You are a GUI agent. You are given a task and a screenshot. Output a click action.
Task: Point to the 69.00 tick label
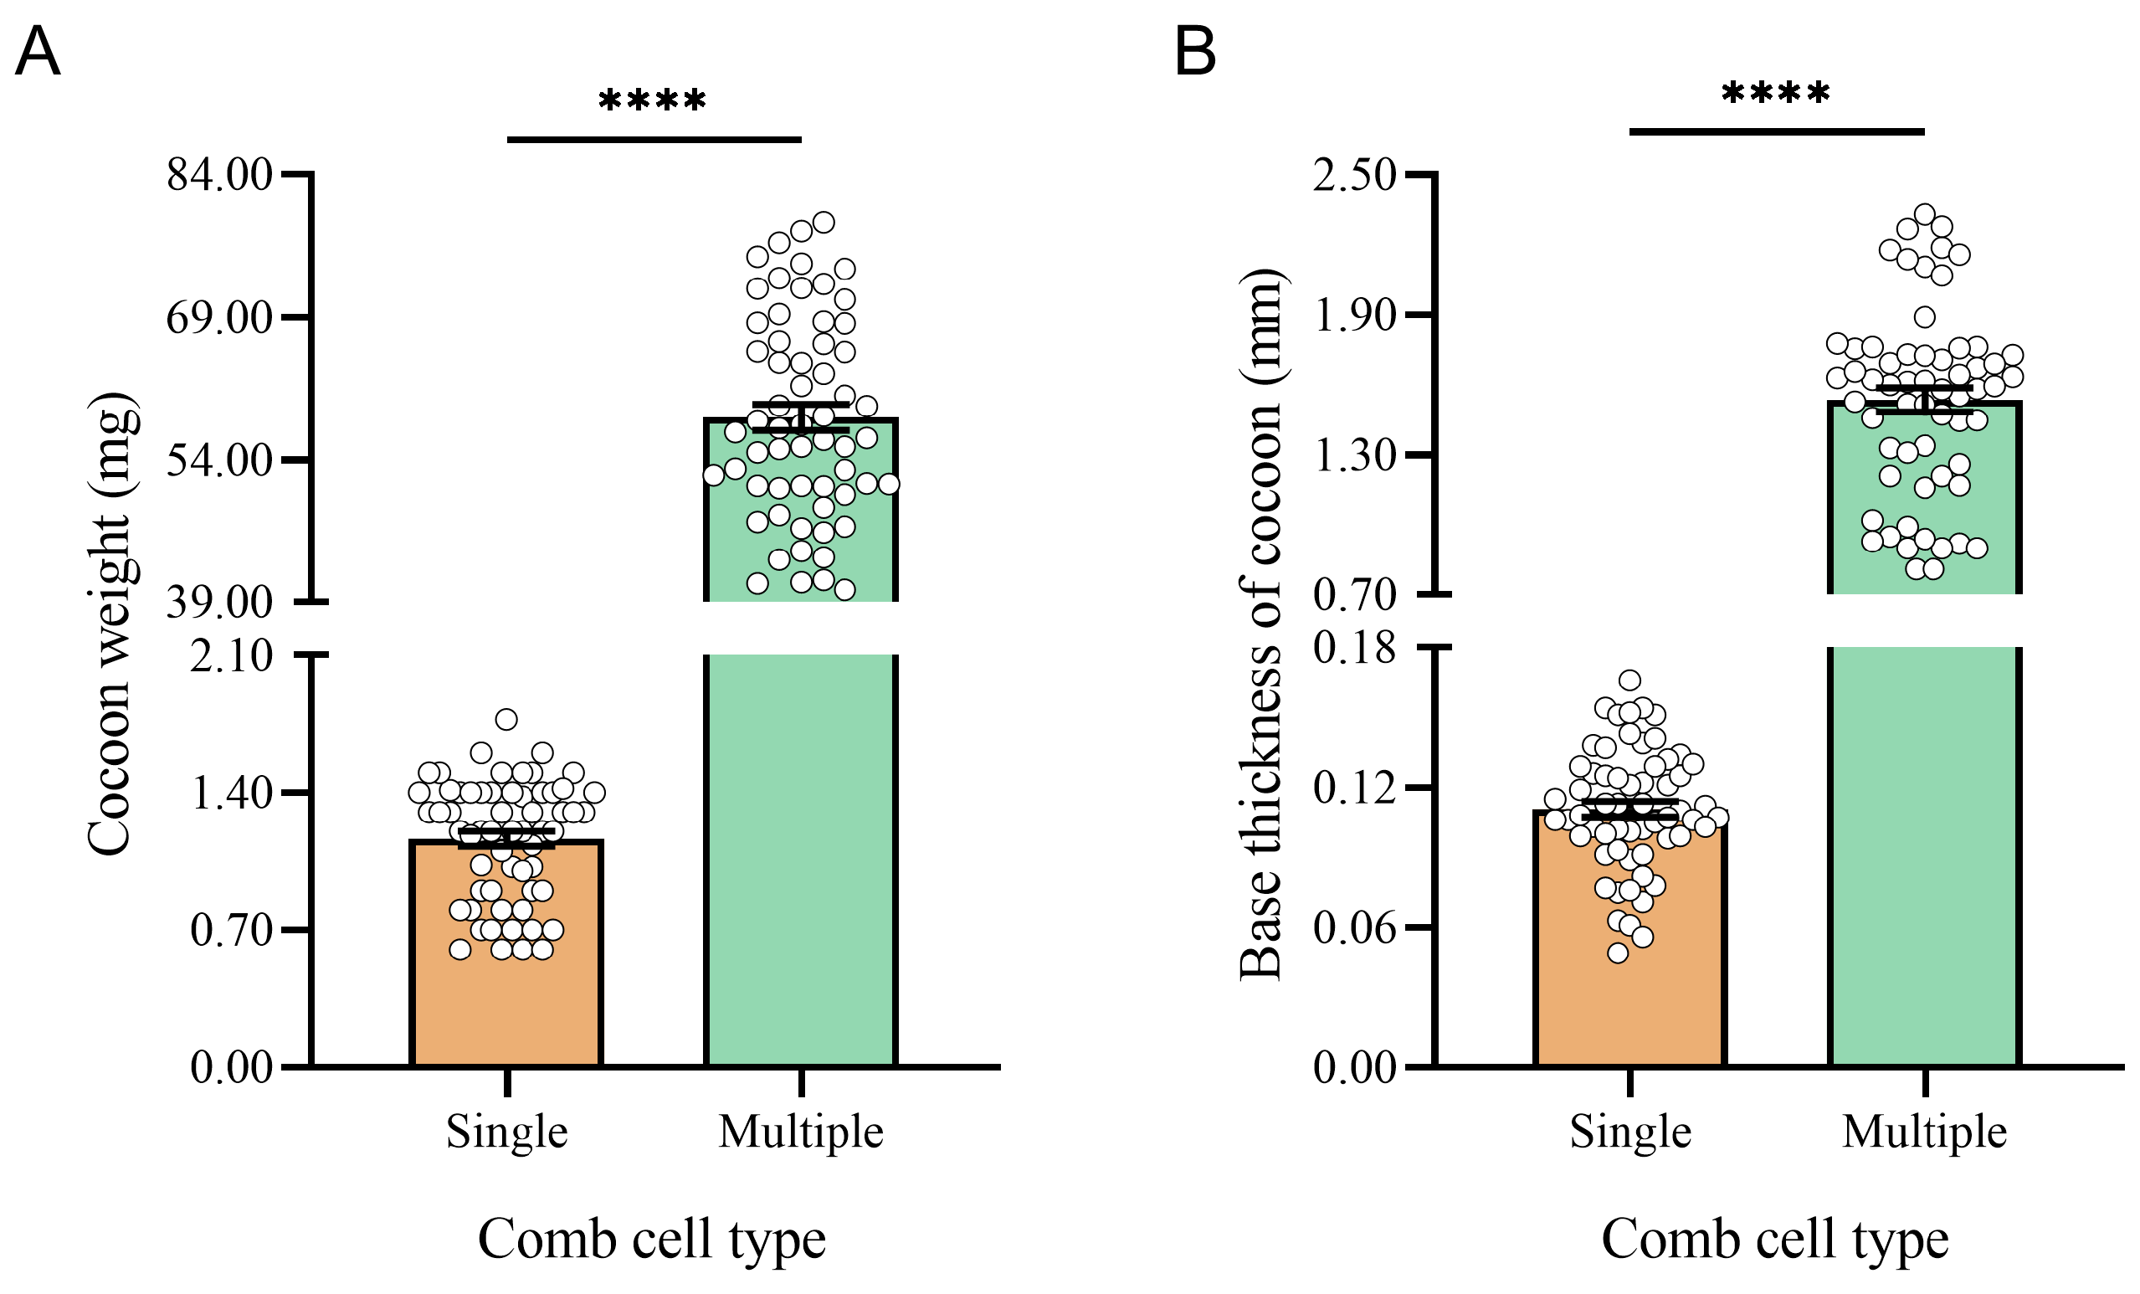click(220, 318)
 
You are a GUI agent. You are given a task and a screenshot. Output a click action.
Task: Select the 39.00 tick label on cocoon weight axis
click(220, 602)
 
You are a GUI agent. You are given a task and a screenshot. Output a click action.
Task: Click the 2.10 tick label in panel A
click(231, 655)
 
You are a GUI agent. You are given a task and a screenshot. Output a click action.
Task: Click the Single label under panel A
click(507, 1132)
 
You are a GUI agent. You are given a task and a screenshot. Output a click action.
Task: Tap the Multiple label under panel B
click(1925, 1132)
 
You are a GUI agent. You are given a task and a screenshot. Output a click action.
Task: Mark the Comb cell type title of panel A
click(651, 1239)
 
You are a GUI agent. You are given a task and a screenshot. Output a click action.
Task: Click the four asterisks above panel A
click(652, 100)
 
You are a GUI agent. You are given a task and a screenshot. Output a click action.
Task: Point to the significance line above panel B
click(1776, 132)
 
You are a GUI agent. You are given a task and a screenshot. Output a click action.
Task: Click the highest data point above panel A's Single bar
click(506, 719)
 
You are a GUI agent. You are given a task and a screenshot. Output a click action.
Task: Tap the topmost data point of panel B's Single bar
click(1629, 680)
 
